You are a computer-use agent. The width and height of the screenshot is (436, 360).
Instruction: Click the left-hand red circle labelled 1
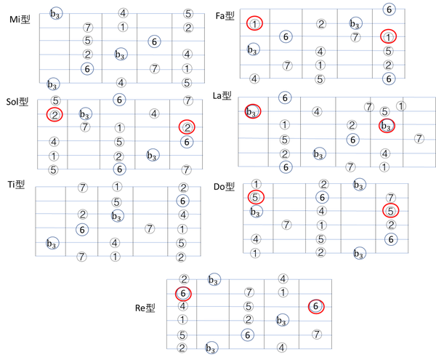tap(254, 24)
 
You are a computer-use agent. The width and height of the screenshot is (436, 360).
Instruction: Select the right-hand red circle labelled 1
tap(388, 36)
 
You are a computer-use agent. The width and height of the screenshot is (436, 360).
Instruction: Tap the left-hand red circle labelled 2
tap(54, 113)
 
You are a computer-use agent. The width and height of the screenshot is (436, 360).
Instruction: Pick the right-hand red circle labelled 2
tap(187, 127)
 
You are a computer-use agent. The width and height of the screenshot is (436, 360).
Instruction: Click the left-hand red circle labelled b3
tap(252, 112)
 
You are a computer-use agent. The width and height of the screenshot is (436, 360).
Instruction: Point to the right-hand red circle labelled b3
tap(387, 126)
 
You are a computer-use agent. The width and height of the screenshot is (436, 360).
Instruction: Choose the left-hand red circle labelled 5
tap(254, 197)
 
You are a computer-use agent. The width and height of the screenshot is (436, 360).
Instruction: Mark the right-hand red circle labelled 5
tap(390, 211)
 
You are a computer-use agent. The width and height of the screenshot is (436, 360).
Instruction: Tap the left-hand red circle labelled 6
tap(184, 294)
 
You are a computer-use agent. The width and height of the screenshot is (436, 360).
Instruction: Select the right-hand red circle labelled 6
tap(315, 307)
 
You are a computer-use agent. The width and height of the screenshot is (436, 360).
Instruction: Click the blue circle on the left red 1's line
tap(355, 23)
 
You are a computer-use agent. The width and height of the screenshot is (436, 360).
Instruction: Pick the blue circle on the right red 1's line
tap(286, 36)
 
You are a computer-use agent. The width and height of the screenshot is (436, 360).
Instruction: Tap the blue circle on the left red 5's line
tap(322, 197)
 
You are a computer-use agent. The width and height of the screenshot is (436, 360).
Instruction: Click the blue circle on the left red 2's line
tap(85, 113)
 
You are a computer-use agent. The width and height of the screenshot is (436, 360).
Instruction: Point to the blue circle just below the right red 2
tap(187, 142)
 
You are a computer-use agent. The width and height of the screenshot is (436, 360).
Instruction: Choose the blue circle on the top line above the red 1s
tap(389, 9)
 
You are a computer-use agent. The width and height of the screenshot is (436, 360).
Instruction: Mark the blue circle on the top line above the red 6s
tap(213, 279)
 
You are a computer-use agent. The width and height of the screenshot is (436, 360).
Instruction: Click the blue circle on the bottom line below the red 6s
tap(211, 348)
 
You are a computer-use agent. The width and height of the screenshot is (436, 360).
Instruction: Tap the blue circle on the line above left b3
tap(286, 97)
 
